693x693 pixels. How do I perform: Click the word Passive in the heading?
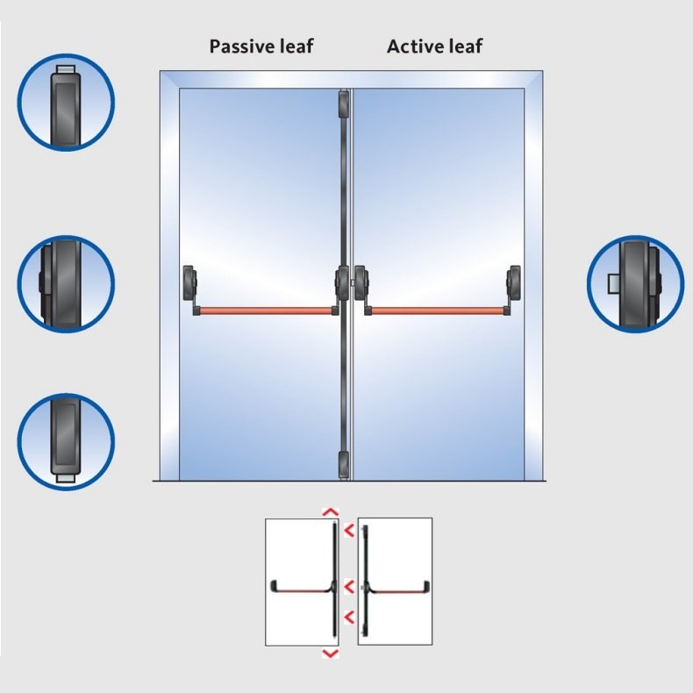tap(242, 46)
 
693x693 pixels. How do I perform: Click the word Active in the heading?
tap(415, 46)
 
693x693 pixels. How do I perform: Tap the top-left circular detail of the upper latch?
tap(67, 102)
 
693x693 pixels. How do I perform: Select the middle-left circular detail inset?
tap(67, 283)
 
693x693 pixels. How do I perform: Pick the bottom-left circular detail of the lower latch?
tap(67, 441)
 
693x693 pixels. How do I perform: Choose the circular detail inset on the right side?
tap(636, 283)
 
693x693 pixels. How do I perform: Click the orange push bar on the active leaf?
tap(437, 311)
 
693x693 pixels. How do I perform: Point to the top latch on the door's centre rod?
tap(343, 104)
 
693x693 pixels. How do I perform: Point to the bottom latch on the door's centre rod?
tap(343, 465)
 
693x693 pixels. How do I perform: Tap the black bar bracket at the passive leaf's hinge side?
tap(190, 289)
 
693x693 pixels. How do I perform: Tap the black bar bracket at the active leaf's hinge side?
tap(512, 289)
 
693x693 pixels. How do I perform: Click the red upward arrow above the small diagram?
tap(331, 512)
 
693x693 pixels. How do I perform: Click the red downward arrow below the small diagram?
tap(331, 654)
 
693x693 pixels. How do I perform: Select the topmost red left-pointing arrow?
tap(349, 530)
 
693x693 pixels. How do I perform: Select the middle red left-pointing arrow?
tap(349, 587)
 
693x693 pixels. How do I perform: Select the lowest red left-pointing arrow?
tap(349, 618)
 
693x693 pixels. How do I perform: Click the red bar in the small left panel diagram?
tap(302, 590)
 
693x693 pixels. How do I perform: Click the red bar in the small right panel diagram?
tap(398, 591)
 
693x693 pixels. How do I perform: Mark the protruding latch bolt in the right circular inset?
tap(613, 283)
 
